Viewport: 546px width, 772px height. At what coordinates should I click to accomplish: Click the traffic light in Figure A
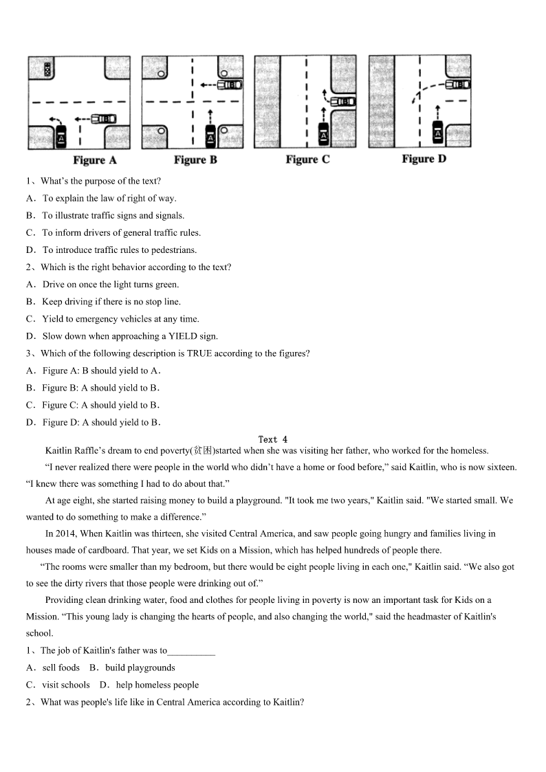click(47, 69)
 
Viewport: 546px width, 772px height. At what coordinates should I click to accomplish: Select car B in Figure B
click(230, 85)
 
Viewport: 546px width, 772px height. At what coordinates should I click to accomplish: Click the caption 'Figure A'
click(95, 160)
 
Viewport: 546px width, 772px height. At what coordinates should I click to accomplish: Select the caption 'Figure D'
click(424, 159)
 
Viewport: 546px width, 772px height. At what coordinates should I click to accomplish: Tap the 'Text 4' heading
click(273, 439)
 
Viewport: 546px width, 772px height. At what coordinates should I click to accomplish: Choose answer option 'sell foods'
click(61, 668)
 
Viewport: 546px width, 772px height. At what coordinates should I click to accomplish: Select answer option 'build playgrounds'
click(140, 668)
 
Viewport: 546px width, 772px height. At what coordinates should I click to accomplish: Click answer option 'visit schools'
click(66, 685)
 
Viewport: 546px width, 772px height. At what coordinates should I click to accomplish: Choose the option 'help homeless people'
click(157, 685)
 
